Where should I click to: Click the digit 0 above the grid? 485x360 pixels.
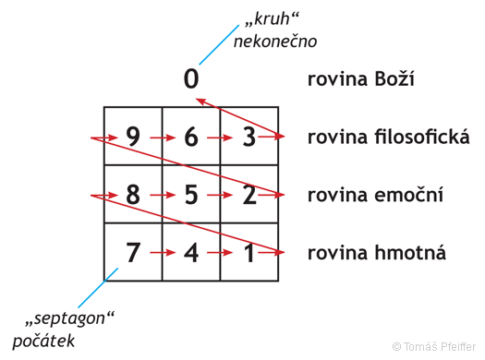point(190,79)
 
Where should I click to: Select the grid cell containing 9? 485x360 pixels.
point(133,137)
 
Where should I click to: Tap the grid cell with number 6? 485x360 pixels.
point(191,137)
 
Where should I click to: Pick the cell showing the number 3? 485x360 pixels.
point(249,137)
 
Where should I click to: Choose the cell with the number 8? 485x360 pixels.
point(133,195)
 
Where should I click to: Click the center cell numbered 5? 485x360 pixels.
point(191,195)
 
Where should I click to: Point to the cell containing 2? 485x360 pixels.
point(249,195)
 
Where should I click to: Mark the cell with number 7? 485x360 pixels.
point(133,251)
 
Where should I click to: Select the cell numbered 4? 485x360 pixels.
point(191,251)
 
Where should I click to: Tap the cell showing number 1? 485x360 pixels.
point(249,251)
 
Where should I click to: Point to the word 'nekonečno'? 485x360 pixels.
point(274,41)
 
